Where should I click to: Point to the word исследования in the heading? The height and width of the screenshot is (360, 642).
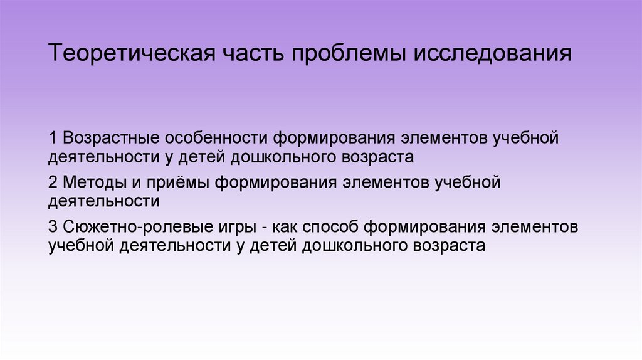[492, 54]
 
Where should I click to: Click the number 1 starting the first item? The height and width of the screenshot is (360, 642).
[53, 137]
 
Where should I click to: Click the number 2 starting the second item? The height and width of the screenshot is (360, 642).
[53, 183]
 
